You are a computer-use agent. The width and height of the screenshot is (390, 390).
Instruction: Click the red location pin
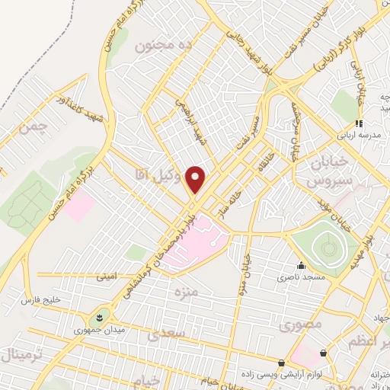pyautogui.click(x=196, y=179)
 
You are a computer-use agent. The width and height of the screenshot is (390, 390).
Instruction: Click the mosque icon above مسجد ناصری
pyautogui.click(x=302, y=266)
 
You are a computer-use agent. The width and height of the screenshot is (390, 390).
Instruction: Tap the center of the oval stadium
pyautogui.click(x=328, y=245)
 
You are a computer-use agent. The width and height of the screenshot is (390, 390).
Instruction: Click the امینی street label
pyautogui.click(x=107, y=277)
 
